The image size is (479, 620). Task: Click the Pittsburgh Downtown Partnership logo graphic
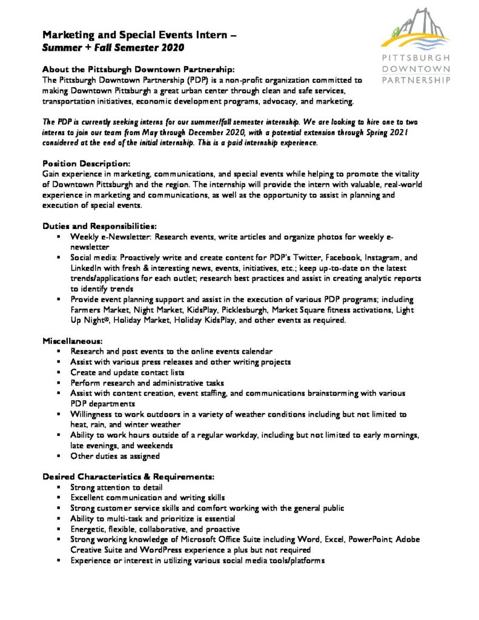pos(416,30)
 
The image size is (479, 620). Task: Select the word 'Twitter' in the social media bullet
pos(302,258)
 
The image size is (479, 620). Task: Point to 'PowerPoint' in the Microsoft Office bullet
pos(369,540)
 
